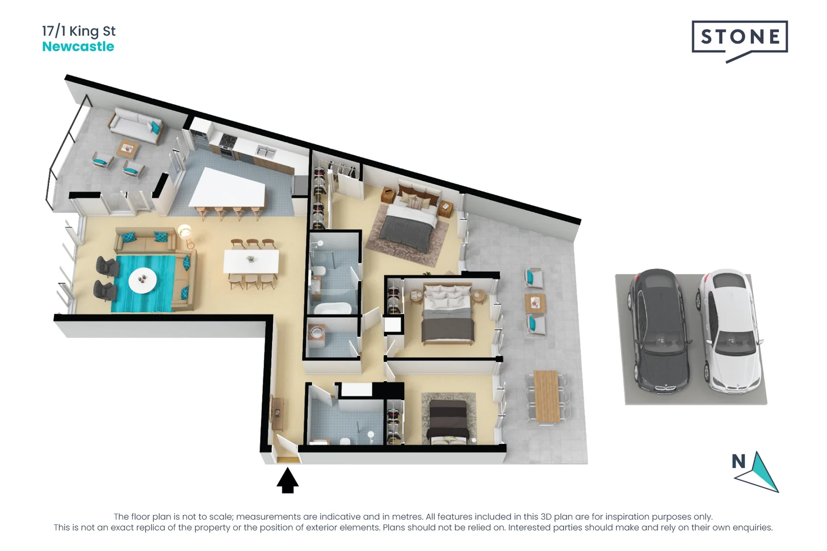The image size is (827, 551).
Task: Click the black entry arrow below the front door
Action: tap(287, 481)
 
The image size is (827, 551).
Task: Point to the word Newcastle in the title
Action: tap(78, 46)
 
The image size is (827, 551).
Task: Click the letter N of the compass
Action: tap(738, 461)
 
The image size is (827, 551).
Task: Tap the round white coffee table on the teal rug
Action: tap(142, 280)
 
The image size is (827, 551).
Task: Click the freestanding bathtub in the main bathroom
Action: tap(332, 308)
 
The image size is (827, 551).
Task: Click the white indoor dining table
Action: tap(251, 261)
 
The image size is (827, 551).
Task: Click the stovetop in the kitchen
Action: tap(228, 140)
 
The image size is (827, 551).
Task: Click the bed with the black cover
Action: tap(448, 419)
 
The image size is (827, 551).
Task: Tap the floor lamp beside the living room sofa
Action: tap(185, 233)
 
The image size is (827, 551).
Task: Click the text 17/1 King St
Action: tap(79, 31)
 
